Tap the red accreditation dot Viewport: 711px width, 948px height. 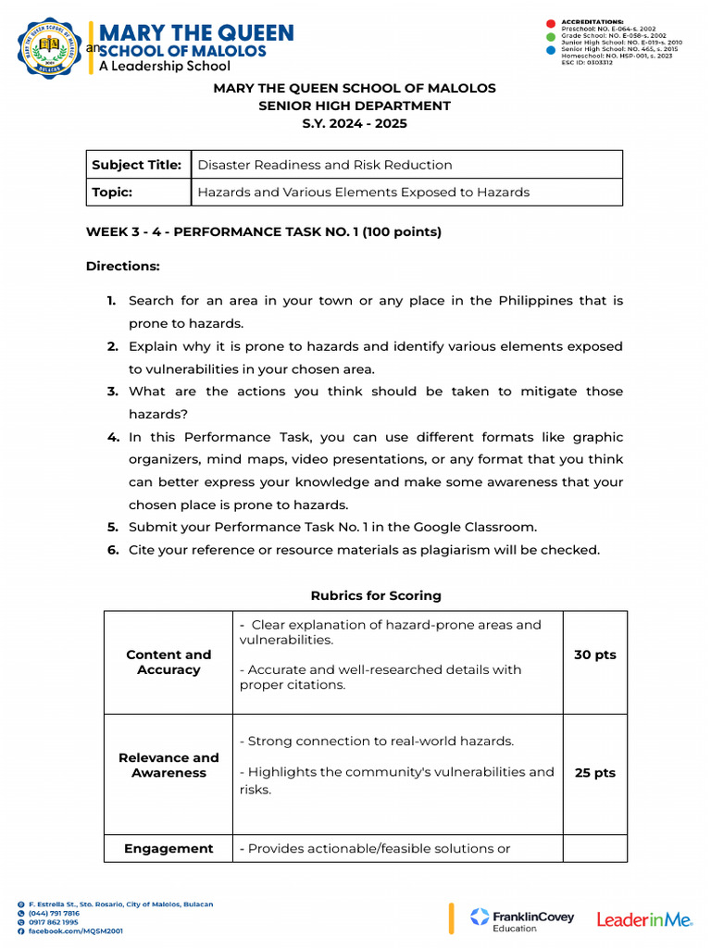(550, 21)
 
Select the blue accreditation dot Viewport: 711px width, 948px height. (550, 51)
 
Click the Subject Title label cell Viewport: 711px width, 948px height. (137, 165)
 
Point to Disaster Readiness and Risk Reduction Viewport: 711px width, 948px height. (325, 165)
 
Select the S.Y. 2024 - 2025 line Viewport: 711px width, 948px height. (355, 123)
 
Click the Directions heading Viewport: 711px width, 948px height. (123, 266)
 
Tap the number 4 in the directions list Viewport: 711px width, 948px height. (112, 437)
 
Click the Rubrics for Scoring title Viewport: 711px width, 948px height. (376, 595)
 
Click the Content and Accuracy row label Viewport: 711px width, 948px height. (168, 662)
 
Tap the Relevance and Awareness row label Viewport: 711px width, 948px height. (168, 765)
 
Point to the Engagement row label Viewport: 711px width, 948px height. (168, 848)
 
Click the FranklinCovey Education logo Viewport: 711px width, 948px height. (522, 919)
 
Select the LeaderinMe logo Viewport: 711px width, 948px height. (644, 919)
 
